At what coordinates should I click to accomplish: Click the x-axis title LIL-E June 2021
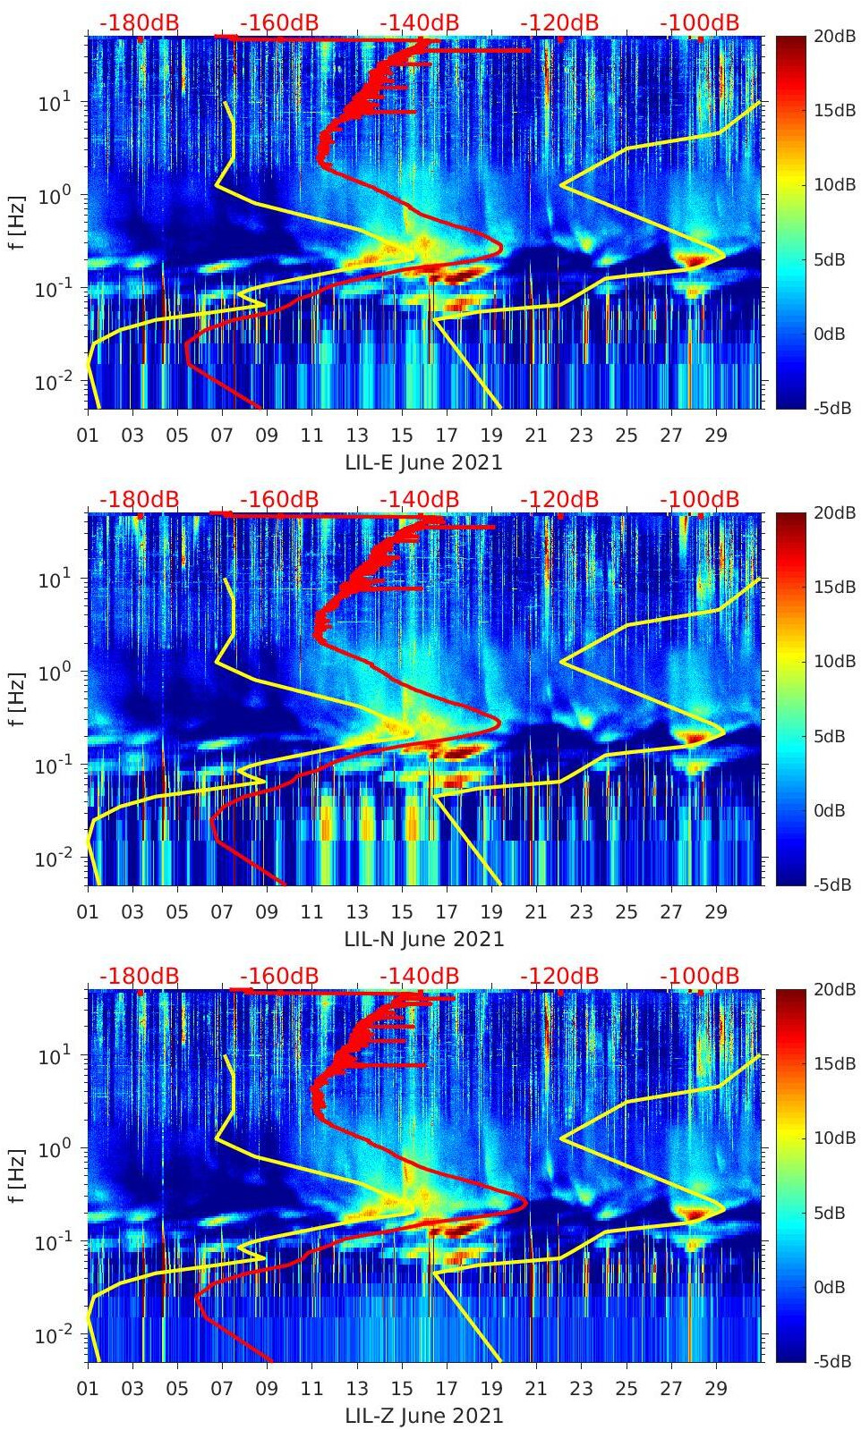423,462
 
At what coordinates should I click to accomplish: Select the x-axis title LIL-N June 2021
423,939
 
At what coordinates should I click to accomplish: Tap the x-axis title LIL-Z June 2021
423,1416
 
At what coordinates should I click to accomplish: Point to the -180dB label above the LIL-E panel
139,22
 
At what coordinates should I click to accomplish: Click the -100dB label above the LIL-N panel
699,499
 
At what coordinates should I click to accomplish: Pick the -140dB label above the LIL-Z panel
419,976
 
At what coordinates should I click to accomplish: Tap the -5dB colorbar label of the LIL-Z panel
828,1361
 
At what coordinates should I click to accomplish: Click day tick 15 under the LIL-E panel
402,436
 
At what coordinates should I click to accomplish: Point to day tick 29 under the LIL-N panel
715,912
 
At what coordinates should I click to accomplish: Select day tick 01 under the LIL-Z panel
88,1389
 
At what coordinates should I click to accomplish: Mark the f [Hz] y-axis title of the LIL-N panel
17,699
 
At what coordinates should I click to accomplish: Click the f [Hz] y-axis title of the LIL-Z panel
17,1176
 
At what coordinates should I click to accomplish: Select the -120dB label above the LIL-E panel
559,22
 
